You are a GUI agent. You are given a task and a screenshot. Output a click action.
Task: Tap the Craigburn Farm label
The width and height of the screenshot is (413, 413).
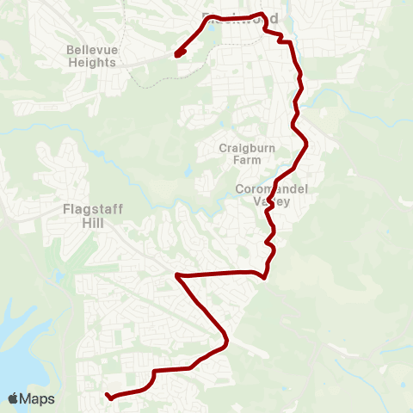[247, 154]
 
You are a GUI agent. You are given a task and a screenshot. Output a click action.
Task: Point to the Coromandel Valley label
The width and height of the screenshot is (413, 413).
[272, 195]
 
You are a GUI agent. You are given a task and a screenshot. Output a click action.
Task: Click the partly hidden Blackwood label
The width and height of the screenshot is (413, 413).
[231, 17]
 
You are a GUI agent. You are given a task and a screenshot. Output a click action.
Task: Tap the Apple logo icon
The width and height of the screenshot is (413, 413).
[15, 398]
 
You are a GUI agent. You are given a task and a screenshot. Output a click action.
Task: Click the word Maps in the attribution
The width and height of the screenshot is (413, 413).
[38, 398]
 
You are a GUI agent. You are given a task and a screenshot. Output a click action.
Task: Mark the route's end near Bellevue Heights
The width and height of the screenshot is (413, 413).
[177, 54]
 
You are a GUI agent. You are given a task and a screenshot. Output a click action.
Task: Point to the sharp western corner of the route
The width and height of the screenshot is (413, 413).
[176, 276]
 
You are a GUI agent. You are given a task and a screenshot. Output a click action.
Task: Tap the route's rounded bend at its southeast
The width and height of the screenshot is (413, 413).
[225, 343]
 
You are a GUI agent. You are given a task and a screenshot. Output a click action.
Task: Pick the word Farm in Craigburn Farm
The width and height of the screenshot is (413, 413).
[247, 160]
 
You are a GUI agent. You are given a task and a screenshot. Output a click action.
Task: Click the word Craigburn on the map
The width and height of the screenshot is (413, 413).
[247, 148]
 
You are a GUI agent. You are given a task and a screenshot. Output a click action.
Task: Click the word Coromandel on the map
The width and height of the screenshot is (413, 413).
[272, 189]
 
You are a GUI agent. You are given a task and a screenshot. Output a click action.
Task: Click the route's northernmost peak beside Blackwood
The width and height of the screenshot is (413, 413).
[261, 15]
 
